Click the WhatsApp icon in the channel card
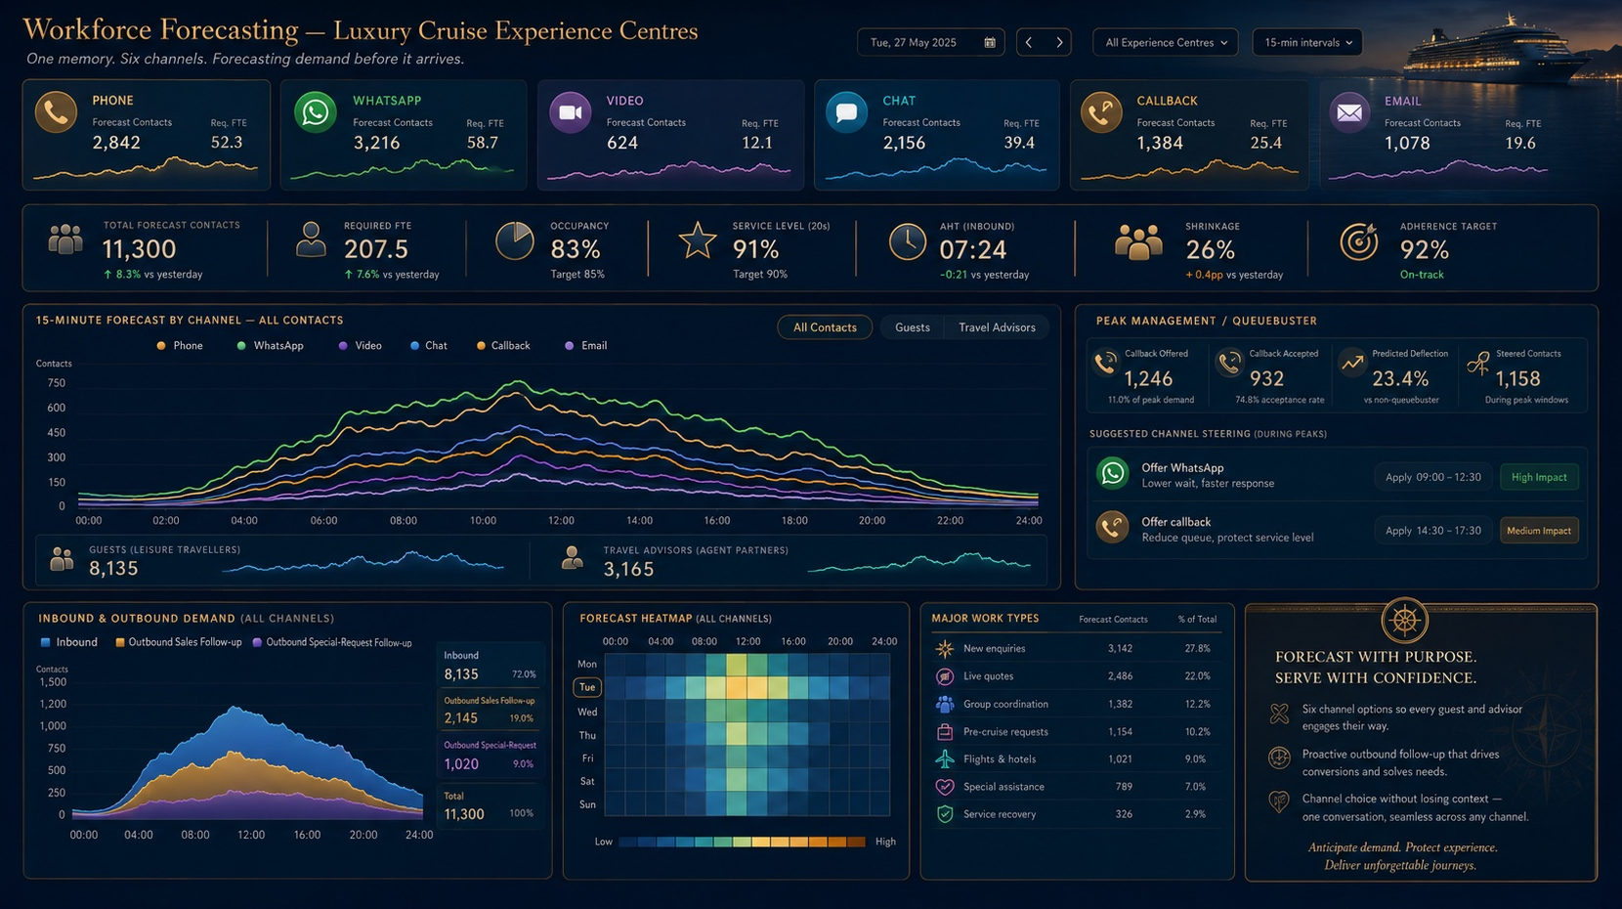pyautogui.click(x=315, y=112)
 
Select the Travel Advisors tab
pyautogui.click(x=997, y=327)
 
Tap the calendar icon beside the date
pyautogui.click(x=989, y=43)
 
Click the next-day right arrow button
pyautogui.click(x=1059, y=43)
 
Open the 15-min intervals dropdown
pyautogui.click(x=1307, y=43)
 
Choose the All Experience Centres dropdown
pyautogui.click(x=1165, y=43)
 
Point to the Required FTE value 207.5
pyautogui.click(x=376, y=249)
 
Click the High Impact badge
pyautogui.click(x=1539, y=477)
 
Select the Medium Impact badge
pyautogui.click(x=1539, y=531)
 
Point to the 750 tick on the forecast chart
pyautogui.click(x=57, y=383)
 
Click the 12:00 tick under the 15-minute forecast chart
pyautogui.click(x=561, y=520)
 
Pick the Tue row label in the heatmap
pyautogui.click(x=587, y=687)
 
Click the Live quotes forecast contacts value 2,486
pyautogui.click(x=1120, y=675)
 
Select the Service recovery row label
pyautogui.click(x=1000, y=814)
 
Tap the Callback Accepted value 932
pyautogui.click(x=1266, y=379)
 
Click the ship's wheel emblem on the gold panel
pyautogui.click(x=1404, y=621)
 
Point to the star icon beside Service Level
pyautogui.click(x=698, y=240)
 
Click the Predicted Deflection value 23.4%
pyautogui.click(x=1400, y=379)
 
